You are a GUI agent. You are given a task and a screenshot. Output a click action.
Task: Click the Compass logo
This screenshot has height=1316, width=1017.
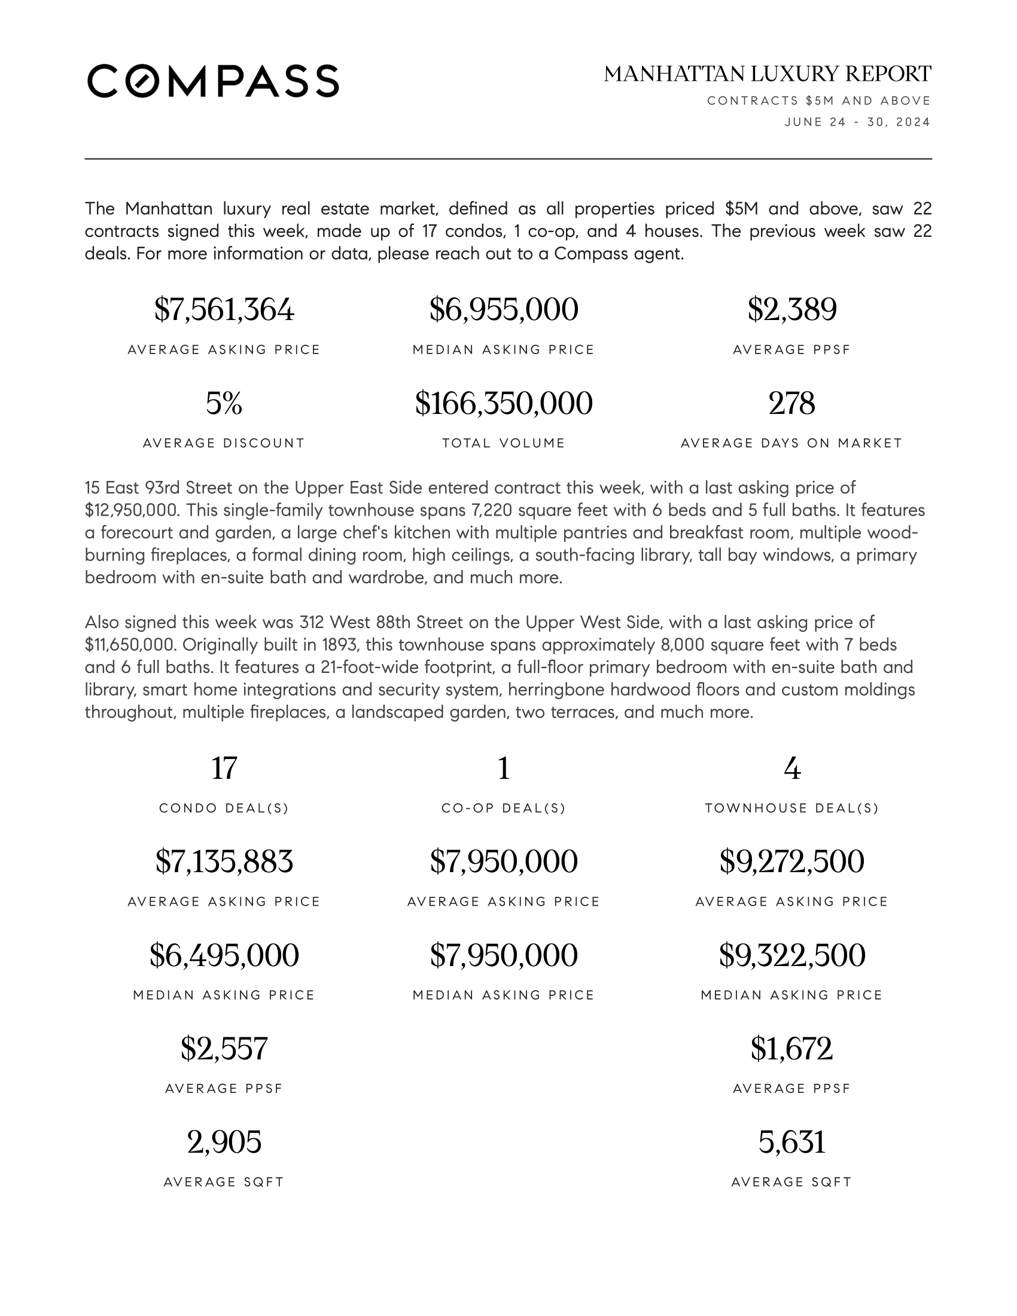(214, 81)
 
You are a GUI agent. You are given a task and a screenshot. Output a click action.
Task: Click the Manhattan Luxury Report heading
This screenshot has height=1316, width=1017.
(768, 74)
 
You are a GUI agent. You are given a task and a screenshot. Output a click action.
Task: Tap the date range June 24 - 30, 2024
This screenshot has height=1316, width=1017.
(857, 122)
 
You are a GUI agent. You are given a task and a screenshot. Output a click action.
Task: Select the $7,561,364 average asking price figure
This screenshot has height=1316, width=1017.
(224, 310)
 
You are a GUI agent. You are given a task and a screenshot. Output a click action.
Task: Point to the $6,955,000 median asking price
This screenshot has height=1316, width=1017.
(504, 310)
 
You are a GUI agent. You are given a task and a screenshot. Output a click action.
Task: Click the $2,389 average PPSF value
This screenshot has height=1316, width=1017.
(791, 310)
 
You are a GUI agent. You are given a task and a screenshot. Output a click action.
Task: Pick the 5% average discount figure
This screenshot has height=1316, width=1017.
(224, 403)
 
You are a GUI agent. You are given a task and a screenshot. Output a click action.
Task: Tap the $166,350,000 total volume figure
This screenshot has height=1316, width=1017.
(504, 403)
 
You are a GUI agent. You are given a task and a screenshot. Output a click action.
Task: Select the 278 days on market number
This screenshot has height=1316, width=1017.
(791, 403)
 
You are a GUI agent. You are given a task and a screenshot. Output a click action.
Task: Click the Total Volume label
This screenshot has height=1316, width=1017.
(504, 443)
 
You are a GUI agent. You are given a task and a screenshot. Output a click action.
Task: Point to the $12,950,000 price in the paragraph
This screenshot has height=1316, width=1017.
(132, 510)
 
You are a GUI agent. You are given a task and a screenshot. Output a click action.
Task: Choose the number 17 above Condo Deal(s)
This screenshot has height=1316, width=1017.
(224, 768)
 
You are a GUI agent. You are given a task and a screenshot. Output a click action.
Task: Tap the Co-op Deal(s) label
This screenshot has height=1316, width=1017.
(504, 809)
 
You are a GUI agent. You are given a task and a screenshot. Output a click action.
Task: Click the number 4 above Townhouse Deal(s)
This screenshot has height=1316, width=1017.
(791, 768)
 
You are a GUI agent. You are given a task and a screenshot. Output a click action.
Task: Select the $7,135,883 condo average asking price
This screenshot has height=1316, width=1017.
(224, 861)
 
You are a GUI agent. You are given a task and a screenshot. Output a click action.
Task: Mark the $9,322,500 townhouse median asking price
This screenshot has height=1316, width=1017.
(791, 955)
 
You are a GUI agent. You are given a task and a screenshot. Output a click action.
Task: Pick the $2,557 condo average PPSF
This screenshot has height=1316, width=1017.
(224, 1049)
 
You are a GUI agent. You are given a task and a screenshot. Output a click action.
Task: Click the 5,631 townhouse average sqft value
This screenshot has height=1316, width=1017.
(791, 1142)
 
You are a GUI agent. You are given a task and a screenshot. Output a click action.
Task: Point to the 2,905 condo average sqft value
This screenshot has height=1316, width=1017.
(224, 1142)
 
